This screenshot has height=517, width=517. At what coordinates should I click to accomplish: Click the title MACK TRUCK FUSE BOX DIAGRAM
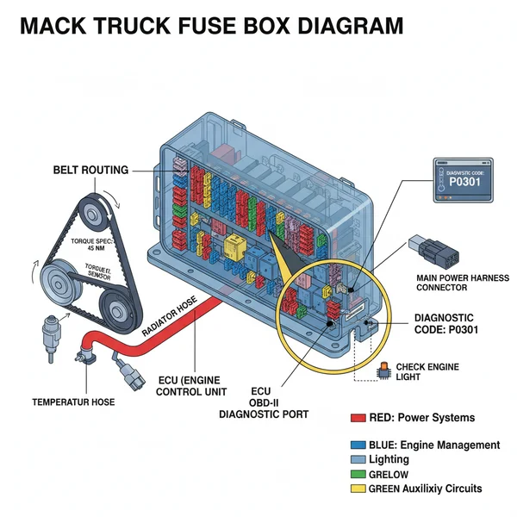click(x=211, y=26)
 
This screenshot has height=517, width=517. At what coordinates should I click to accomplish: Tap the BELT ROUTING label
click(x=90, y=171)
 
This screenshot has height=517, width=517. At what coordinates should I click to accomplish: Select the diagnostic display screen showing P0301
click(x=463, y=180)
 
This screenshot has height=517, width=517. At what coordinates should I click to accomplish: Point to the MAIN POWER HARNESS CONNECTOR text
click(x=462, y=283)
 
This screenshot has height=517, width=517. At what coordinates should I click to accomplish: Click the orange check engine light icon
click(x=383, y=370)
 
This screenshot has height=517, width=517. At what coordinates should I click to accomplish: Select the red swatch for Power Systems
click(x=358, y=418)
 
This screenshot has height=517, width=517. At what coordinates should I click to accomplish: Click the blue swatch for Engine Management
click(x=358, y=445)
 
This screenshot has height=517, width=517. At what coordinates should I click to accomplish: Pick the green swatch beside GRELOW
click(x=358, y=474)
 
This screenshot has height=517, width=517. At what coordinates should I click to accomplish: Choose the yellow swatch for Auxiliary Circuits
click(x=358, y=489)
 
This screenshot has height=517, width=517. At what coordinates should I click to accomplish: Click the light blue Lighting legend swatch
click(x=358, y=460)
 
